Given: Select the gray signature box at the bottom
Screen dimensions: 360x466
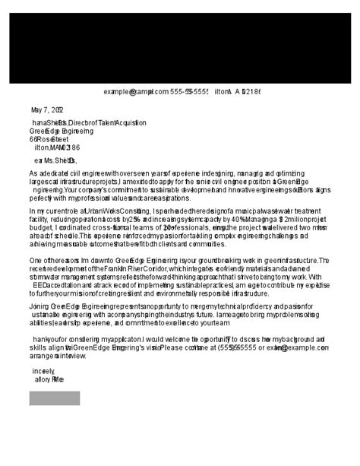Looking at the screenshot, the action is point(54,398).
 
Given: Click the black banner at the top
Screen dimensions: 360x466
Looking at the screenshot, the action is point(180,42).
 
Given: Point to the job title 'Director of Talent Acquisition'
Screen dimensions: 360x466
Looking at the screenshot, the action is point(106,122).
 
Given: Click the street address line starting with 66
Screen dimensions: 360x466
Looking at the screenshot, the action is point(49,139).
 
